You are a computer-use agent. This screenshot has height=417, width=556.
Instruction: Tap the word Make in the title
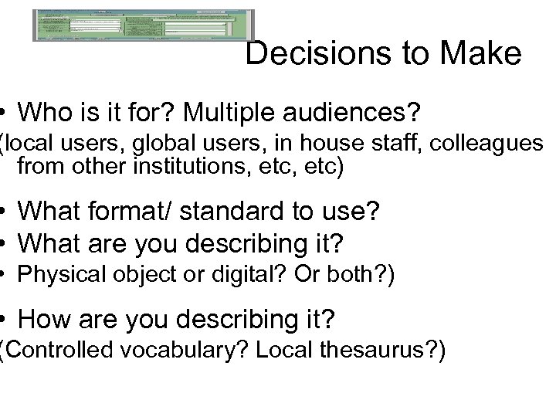[483, 54]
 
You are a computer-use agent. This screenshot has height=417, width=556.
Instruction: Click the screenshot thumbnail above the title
[144, 25]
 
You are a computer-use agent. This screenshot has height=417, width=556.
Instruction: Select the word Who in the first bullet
[43, 114]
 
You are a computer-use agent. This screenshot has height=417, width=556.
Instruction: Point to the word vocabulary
[186, 351]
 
